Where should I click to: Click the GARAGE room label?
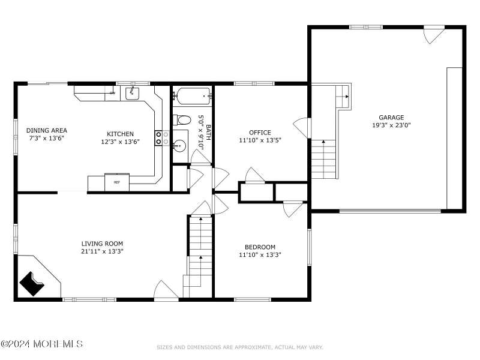click(391, 117)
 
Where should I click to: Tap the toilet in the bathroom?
click(182, 119)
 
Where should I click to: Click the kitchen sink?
click(132, 93)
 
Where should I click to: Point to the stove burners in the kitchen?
click(162, 138)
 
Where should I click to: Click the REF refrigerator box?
click(117, 182)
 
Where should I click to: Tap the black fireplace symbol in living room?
click(32, 284)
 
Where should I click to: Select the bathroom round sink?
click(179, 146)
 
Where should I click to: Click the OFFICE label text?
click(260, 132)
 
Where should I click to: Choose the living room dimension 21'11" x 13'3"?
click(102, 251)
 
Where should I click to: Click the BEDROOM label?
click(260, 247)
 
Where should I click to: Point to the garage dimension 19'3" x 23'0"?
click(391, 125)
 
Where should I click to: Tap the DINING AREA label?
click(47, 130)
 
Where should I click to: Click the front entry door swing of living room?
click(166, 290)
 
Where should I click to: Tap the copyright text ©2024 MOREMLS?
click(41, 343)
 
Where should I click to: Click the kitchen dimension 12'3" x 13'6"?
click(121, 142)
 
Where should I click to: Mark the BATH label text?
click(208, 132)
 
